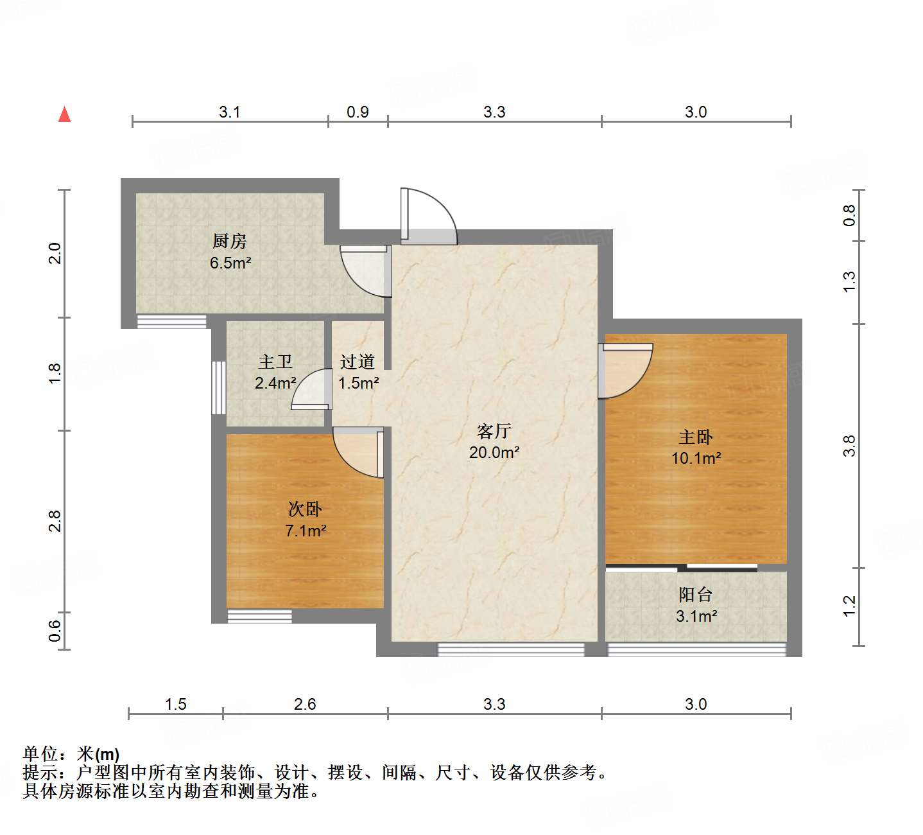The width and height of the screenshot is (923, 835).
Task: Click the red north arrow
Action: (64, 114)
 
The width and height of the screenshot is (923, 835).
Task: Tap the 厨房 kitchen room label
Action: (229, 241)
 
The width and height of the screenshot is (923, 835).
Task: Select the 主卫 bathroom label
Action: (275, 362)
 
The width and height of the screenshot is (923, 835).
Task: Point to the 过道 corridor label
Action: (358, 362)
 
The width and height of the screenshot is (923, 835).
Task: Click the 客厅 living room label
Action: (494, 431)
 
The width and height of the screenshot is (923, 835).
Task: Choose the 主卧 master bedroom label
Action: (696, 437)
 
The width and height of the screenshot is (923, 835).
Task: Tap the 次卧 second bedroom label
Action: (305, 509)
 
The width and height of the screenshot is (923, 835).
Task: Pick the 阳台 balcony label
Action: (696, 595)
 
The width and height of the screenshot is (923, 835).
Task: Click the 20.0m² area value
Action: (494, 452)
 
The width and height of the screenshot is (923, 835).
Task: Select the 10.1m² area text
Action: (696, 459)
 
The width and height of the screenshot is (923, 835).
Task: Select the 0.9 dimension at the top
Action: (358, 112)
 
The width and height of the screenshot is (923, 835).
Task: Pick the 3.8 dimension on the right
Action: (849, 446)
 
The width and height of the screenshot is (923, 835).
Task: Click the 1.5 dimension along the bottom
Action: (175, 705)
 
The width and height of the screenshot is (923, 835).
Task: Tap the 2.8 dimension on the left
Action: (55, 521)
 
